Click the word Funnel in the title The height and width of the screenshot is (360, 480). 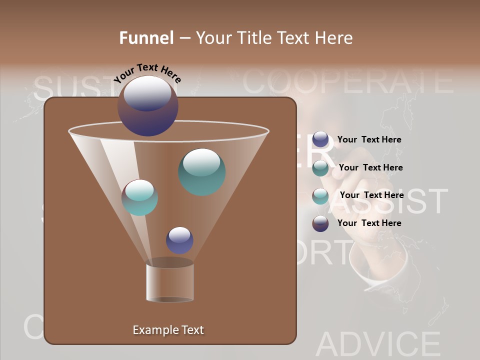click(x=146, y=38)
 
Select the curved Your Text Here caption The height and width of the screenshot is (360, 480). click(x=147, y=73)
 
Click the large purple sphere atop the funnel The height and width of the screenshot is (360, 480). click(x=147, y=105)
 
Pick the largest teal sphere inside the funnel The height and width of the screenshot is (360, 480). click(x=202, y=171)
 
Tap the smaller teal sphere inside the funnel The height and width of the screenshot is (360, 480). click(x=140, y=197)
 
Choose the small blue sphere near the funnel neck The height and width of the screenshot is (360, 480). click(x=179, y=240)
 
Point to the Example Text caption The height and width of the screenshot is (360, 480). click(x=168, y=330)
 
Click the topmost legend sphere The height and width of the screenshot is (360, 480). click(x=320, y=139)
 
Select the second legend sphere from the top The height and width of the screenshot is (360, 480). click(x=320, y=168)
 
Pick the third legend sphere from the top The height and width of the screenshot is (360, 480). click(x=320, y=195)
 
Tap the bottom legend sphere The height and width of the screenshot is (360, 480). click(x=320, y=223)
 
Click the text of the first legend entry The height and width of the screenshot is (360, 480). click(x=369, y=140)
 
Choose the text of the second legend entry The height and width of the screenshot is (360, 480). click(x=370, y=168)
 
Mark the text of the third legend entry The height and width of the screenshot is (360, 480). click(x=371, y=195)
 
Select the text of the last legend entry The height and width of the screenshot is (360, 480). click(x=369, y=223)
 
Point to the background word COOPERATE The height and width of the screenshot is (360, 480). click(x=348, y=81)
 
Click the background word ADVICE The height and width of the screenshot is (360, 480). click(x=378, y=344)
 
